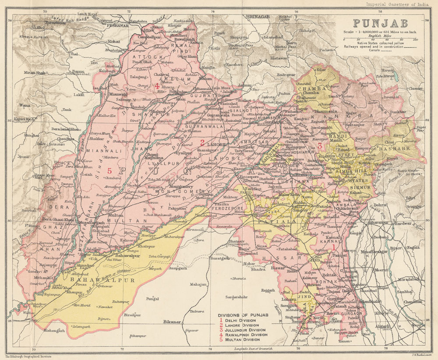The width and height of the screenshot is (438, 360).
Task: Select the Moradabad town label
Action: coord(410,279)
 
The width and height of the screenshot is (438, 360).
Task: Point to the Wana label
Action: coord(25,105)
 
